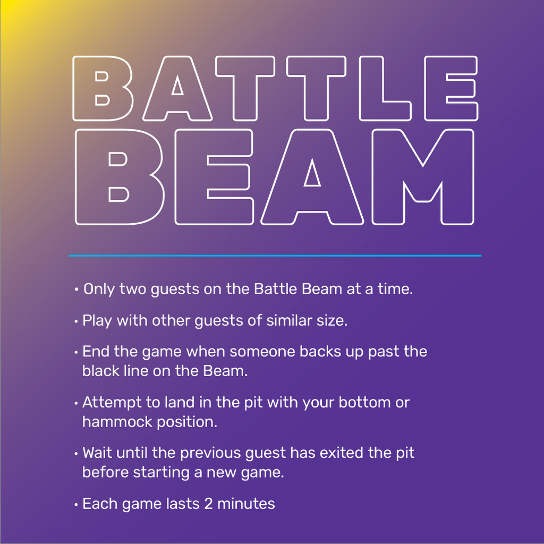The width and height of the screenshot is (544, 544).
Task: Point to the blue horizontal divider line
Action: pos(275,256)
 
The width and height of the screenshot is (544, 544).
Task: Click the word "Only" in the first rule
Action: pos(99,289)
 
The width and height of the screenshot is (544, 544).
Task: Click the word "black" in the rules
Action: pos(98,370)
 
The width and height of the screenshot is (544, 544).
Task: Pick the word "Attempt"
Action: pos(112,403)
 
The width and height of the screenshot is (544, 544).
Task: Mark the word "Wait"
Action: pos(97,453)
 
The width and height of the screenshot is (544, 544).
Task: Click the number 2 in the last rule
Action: pos(208,504)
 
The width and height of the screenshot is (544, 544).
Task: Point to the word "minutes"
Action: pos(246,504)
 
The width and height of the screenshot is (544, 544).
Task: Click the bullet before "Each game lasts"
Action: pos(76,505)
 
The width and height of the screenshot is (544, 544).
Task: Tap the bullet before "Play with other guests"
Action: pos(76,321)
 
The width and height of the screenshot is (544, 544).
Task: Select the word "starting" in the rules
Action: pos(166,472)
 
